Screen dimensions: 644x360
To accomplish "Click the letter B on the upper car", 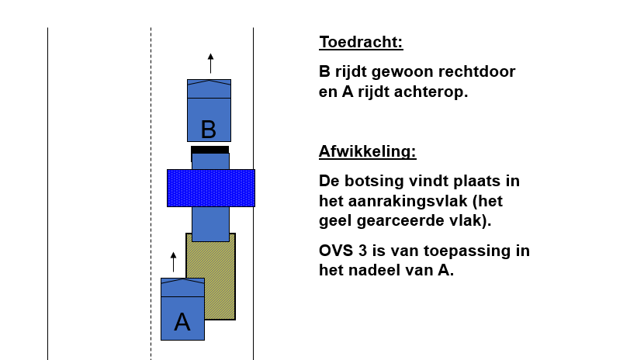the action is (209, 130).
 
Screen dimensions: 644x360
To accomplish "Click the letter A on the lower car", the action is (182, 322).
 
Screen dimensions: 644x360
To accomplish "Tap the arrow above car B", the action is (211, 63).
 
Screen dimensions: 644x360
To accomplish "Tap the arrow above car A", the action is (173, 262).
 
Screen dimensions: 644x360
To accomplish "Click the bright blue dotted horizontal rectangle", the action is (211, 188).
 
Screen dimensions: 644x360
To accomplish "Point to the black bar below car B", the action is (209, 150).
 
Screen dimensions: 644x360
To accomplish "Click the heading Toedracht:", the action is (361, 42).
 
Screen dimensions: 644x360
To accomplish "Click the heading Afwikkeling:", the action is (368, 151).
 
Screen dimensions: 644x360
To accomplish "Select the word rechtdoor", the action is (476, 71).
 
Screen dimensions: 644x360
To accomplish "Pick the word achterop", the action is (413, 92).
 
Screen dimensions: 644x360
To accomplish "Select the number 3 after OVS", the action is (362, 251).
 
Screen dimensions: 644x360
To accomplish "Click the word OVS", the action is (336, 251).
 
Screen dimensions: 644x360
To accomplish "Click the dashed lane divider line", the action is (151, 194).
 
